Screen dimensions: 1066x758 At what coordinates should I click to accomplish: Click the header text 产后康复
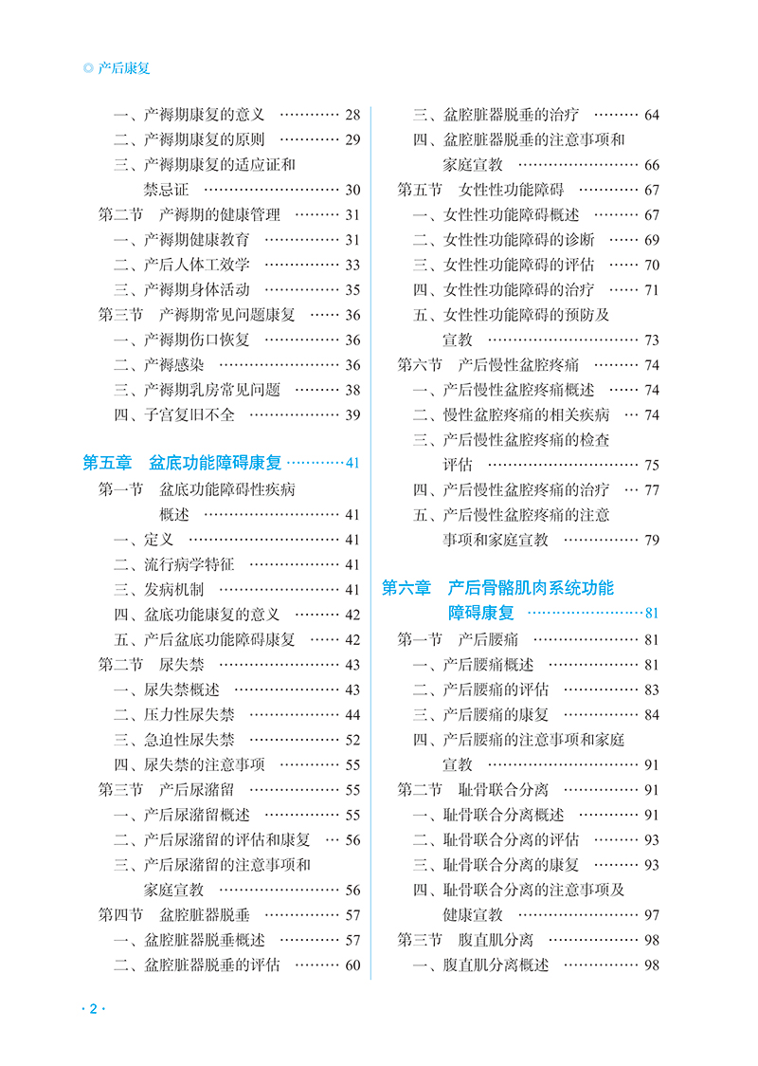point(124,68)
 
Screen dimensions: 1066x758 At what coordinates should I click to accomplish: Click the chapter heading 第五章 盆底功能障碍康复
point(183,463)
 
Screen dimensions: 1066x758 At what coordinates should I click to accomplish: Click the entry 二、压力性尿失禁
point(174,714)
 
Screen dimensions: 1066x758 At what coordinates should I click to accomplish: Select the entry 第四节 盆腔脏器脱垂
point(181,914)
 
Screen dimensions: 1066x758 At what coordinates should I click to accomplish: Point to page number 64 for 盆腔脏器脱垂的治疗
point(652,116)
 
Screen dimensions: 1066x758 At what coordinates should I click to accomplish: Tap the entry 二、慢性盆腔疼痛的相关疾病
point(511,414)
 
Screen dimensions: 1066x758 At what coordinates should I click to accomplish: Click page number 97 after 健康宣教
point(652,914)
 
